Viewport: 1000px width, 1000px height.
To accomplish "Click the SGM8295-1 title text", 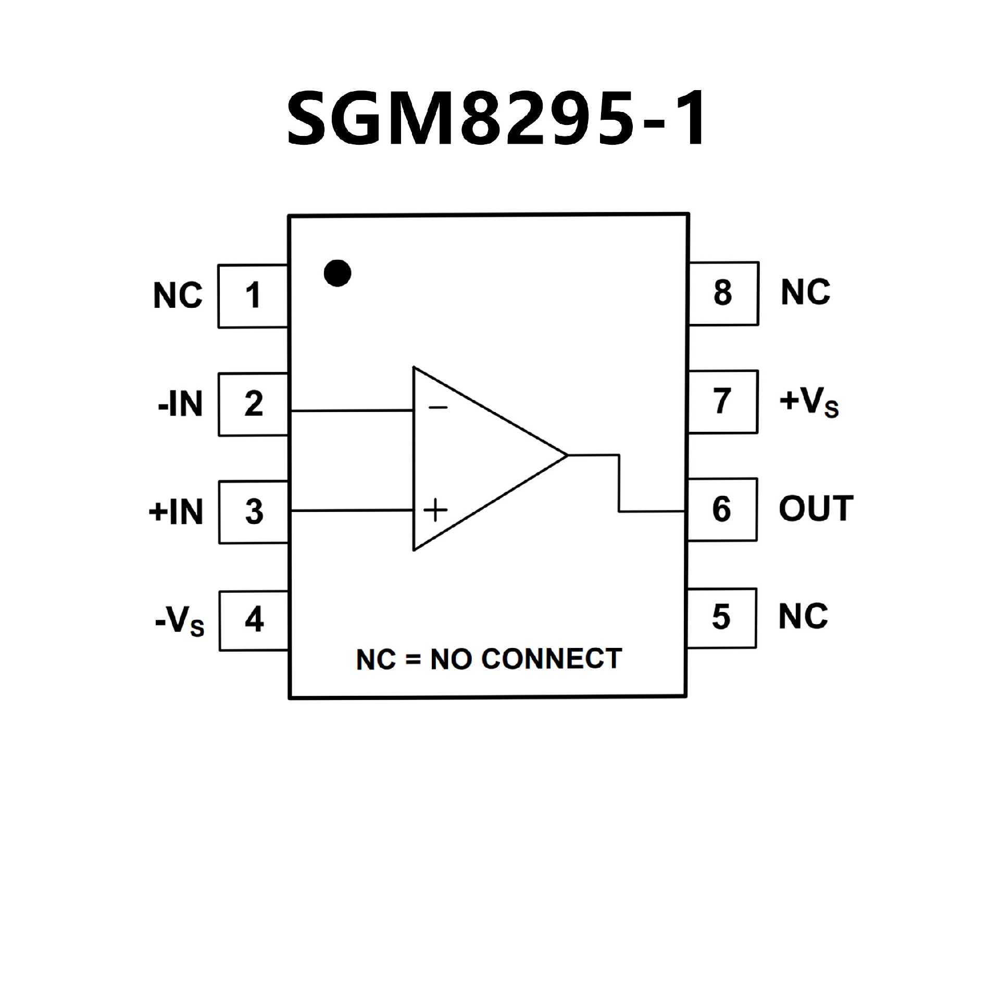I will (497, 119).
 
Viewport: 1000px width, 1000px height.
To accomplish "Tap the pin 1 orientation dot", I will (337, 273).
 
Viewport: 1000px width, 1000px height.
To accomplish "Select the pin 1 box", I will (253, 296).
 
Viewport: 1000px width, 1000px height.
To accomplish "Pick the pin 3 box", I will (254, 512).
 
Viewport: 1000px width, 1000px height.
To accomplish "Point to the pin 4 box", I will (254, 620).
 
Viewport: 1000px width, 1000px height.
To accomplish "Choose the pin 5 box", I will (721, 618).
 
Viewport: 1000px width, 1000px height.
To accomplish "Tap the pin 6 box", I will (722, 509).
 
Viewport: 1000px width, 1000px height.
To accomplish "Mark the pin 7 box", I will (722, 402).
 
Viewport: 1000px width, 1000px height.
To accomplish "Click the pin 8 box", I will (723, 293).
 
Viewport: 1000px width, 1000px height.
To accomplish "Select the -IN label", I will (180, 405).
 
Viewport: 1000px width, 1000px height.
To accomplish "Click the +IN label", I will (176, 512).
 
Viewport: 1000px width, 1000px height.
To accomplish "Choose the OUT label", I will (816, 509).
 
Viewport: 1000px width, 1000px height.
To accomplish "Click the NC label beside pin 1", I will (178, 296).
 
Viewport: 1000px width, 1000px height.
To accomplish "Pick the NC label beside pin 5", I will (803, 617).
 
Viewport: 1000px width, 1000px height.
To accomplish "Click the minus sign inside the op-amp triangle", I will (438, 407).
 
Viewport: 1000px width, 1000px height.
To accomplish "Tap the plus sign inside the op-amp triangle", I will (435, 510).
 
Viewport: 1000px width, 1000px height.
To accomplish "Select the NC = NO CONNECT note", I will (489, 659).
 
